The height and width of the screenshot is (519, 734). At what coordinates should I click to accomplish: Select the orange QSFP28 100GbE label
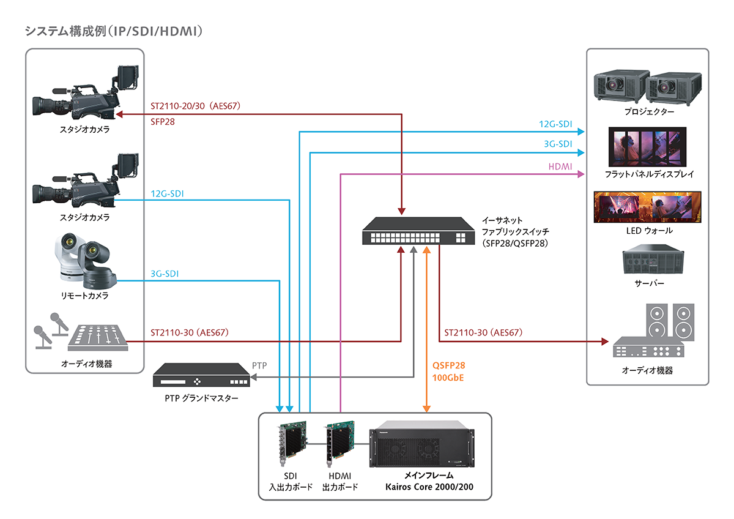(x=448, y=371)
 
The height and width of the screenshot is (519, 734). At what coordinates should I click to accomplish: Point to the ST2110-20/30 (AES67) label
(x=195, y=106)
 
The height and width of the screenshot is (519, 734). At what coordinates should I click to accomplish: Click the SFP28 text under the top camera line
(x=163, y=122)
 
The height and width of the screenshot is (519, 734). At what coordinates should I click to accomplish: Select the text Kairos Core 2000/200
(x=429, y=487)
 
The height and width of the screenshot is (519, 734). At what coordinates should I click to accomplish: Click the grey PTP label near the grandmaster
(x=259, y=365)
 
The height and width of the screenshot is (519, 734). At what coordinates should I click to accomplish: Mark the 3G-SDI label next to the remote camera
(x=164, y=274)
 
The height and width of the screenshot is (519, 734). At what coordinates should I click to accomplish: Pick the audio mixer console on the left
(x=97, y=337)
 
